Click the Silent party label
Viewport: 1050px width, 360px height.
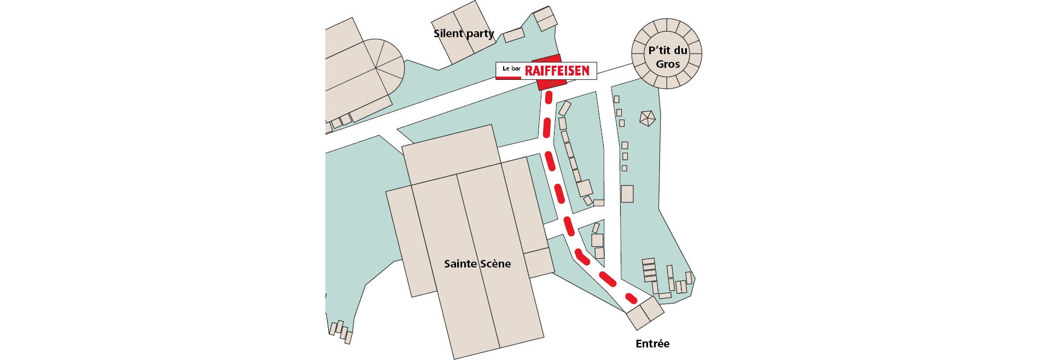[464, 33]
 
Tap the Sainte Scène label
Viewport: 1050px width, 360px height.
[477, 264]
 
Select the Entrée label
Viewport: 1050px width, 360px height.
[652, 344]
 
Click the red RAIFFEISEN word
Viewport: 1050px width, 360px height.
[557, 71]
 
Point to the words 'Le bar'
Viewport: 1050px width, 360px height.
[511, 69]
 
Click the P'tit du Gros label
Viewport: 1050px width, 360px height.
[667, 57]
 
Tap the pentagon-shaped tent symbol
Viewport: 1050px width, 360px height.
[647, 118]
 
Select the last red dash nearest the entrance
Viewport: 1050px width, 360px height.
[631, 299]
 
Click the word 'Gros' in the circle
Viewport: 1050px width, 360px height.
[668, 64]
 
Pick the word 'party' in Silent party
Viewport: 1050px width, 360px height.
[481, 34]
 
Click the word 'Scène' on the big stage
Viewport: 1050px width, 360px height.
[495, 264]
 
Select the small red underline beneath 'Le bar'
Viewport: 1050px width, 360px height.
[508, 78]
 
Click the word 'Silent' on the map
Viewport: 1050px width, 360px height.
[448, 33]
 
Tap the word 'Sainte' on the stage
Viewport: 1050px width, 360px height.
[460, 264]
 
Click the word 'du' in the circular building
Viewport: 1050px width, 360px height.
[681, 50]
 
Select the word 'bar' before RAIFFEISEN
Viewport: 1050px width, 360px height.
[515, 69]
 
